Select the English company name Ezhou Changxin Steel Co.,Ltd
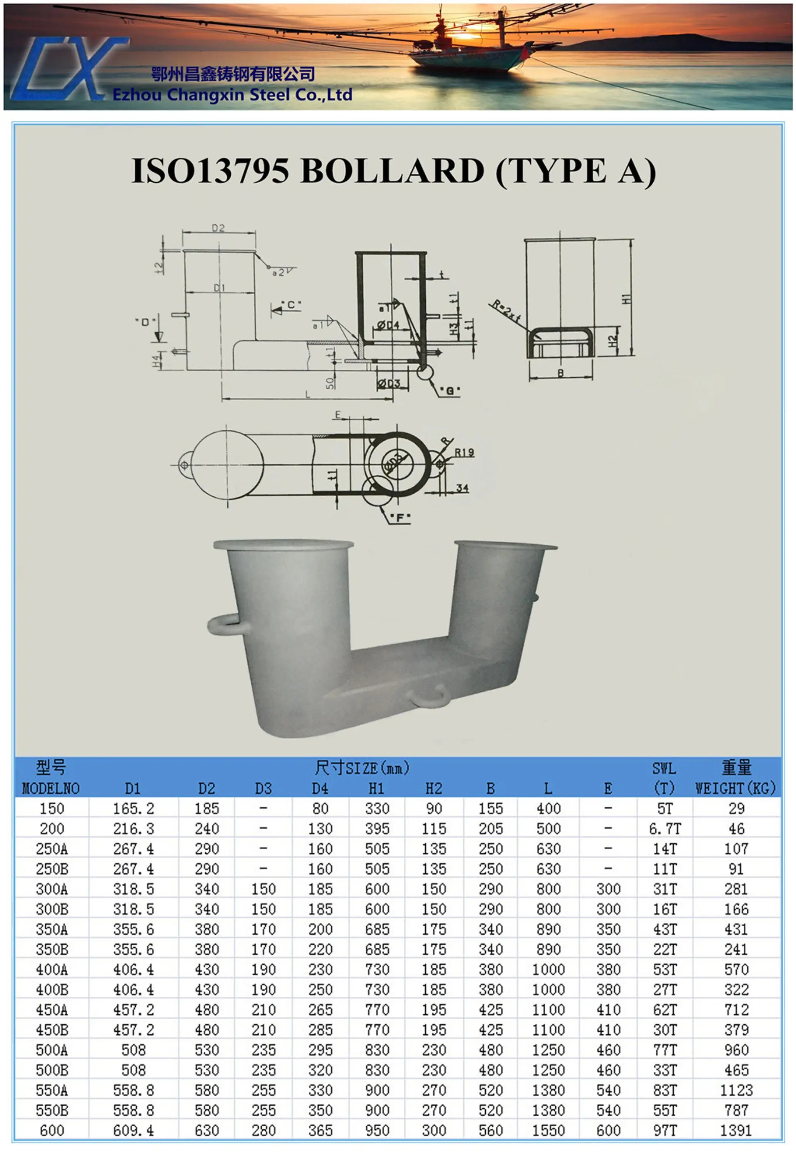click(232, 94)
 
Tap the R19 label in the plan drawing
click(464, 452)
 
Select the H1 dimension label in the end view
click(626, 299)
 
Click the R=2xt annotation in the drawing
click(506, 310)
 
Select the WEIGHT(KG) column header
click(735, 788)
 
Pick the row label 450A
click(52, 1010)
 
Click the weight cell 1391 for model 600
click(736, 1131)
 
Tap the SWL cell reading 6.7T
click(664, 829)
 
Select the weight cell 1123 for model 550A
click(736, 1090)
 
